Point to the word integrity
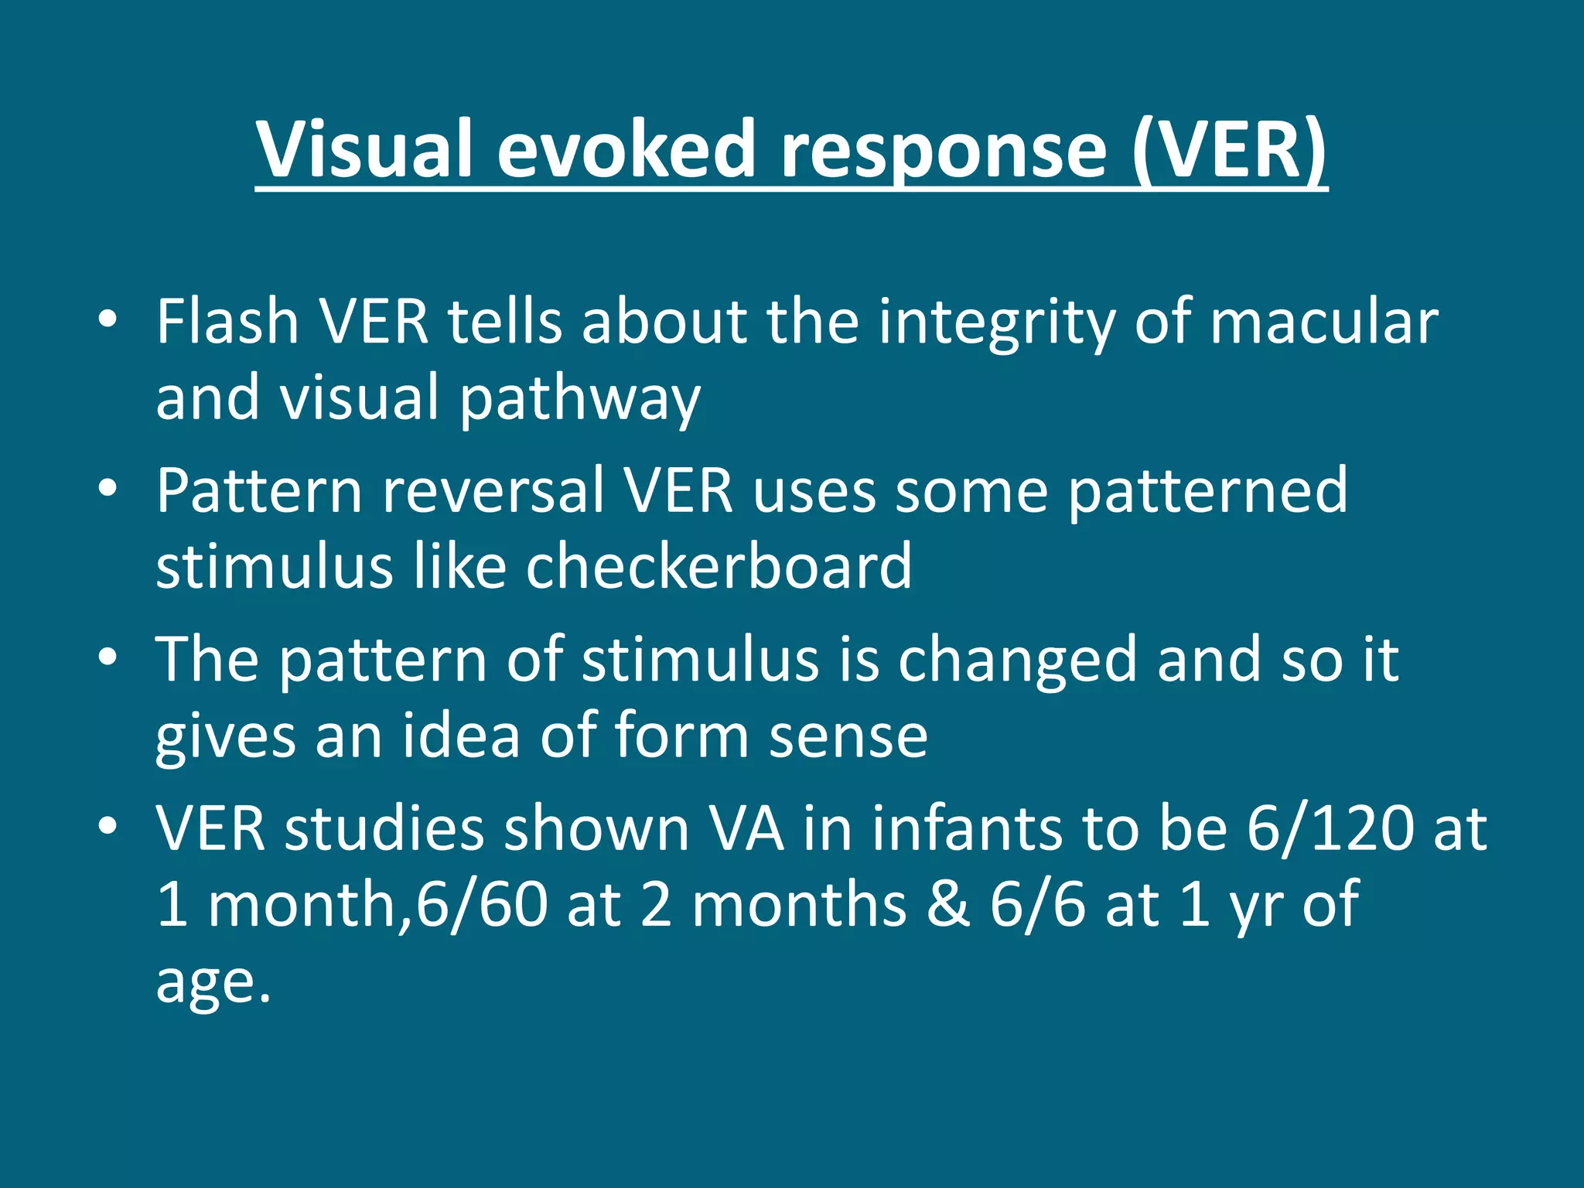point(996,323)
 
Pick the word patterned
point(1208,492)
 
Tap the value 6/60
point(482,904)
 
